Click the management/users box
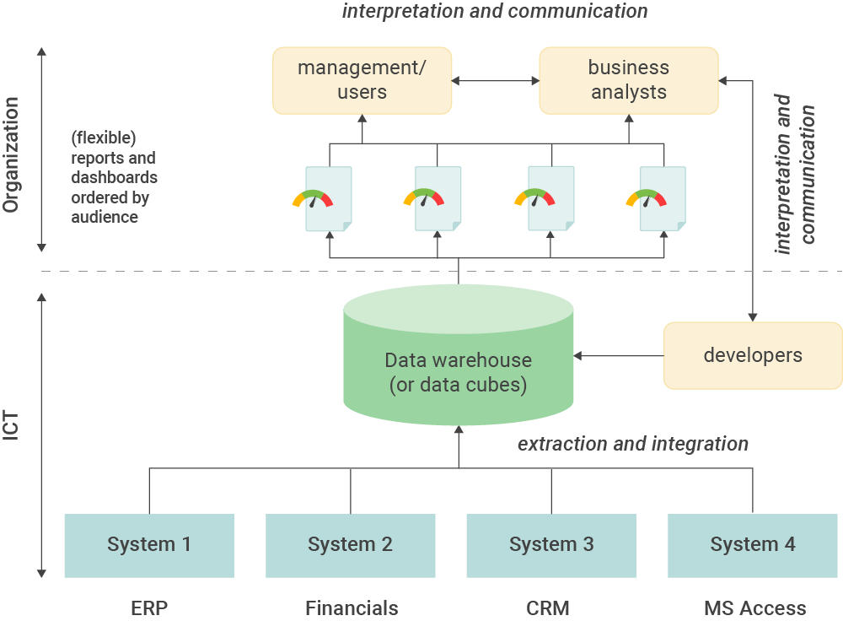click(362, 80)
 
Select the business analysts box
click(628, 80)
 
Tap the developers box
click(752, 355)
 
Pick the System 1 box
click(149, 545)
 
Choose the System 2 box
click(350, 545)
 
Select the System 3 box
click(551, 545)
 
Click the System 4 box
click(752, 545)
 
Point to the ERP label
click(149, 607)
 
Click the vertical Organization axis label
click(11, 154)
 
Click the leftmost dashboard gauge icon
click(312, 199)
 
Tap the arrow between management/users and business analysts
click(496, 81)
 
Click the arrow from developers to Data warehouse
click(620, 356)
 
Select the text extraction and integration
click(632, 444)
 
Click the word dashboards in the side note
click(114, 178)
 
